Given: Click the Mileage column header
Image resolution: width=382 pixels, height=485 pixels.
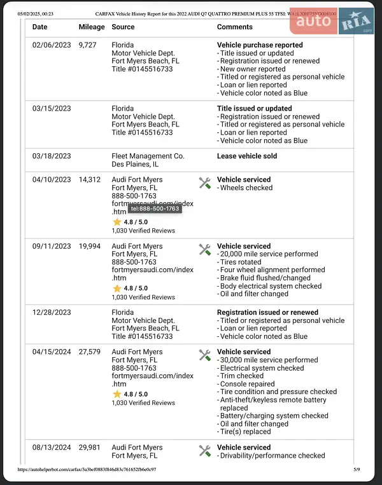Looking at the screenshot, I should point(92,27).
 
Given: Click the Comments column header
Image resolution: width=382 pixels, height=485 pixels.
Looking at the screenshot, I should point(234,27).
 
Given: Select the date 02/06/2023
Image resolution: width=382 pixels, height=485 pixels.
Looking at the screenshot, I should point(52,45).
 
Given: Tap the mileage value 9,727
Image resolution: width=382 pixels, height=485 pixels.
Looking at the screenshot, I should point(89,45).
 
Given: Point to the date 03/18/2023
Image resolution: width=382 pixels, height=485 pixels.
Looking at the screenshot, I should point(52,156).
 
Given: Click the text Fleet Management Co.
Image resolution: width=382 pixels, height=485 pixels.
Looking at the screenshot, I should point(148,156).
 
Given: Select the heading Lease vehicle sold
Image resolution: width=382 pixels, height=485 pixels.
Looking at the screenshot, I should point(247,156).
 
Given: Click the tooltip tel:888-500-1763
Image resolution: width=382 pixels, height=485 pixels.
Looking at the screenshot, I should point(155,208).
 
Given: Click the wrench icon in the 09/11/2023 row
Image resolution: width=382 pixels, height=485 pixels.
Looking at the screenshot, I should point(204,249).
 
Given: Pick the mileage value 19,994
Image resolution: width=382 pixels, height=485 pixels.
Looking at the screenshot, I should point(90,246).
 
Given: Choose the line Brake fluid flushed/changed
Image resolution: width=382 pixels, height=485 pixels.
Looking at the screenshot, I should point(265,278).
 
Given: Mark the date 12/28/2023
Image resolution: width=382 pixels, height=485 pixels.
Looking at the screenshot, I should point(52,313).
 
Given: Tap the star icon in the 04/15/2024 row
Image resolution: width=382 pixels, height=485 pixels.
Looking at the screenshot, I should point(117,394).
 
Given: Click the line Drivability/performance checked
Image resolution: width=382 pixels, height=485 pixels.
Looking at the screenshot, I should point(272,456).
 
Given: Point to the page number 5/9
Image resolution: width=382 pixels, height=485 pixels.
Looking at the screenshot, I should point(357,470).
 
